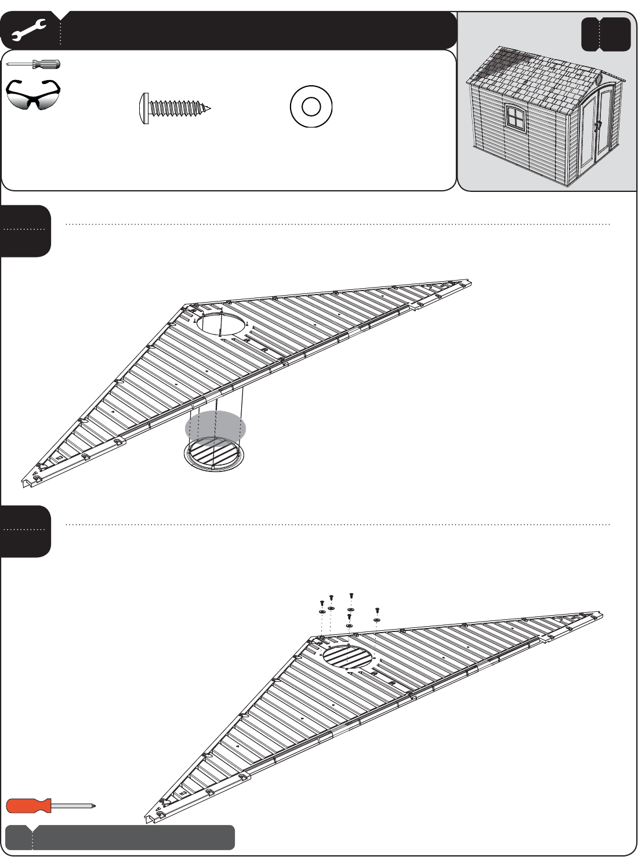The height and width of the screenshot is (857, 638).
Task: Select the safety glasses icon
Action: click(x=33, y=95)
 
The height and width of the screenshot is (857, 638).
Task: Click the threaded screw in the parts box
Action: click(x=176, y=108)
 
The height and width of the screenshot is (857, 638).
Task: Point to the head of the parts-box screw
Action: click(x=143, y=108)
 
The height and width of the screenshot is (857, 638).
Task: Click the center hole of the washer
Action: click(x=311, y=107)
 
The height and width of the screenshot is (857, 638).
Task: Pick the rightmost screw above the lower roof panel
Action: click(x=377, y=610)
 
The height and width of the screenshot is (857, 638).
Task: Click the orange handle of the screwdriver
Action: click(x=28, y=805)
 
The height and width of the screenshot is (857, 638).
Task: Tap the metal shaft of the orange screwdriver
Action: click(x=72, y=805)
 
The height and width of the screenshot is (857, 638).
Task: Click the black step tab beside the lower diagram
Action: click(x=26, y=531)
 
